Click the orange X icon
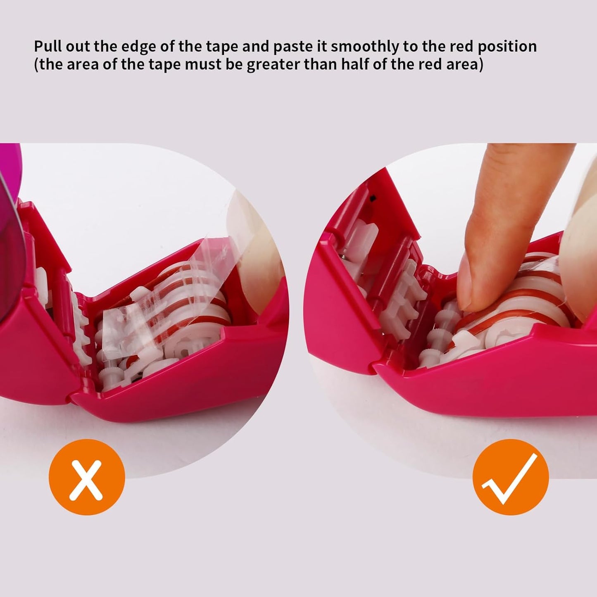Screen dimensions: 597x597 86,477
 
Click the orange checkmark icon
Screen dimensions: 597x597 511,477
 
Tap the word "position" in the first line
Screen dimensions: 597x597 507,46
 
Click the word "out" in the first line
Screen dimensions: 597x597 79,46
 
